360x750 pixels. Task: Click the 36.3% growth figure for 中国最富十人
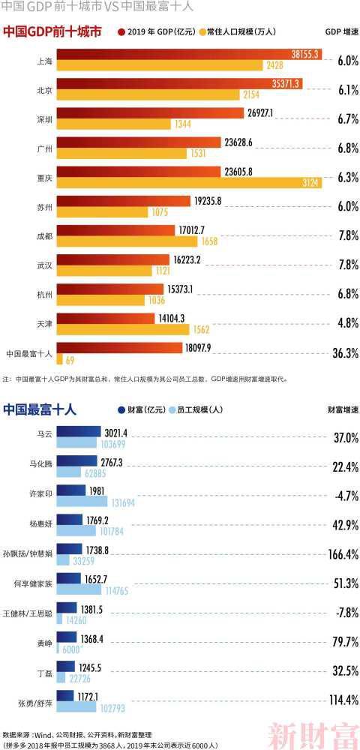click(x=345, y=352)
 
